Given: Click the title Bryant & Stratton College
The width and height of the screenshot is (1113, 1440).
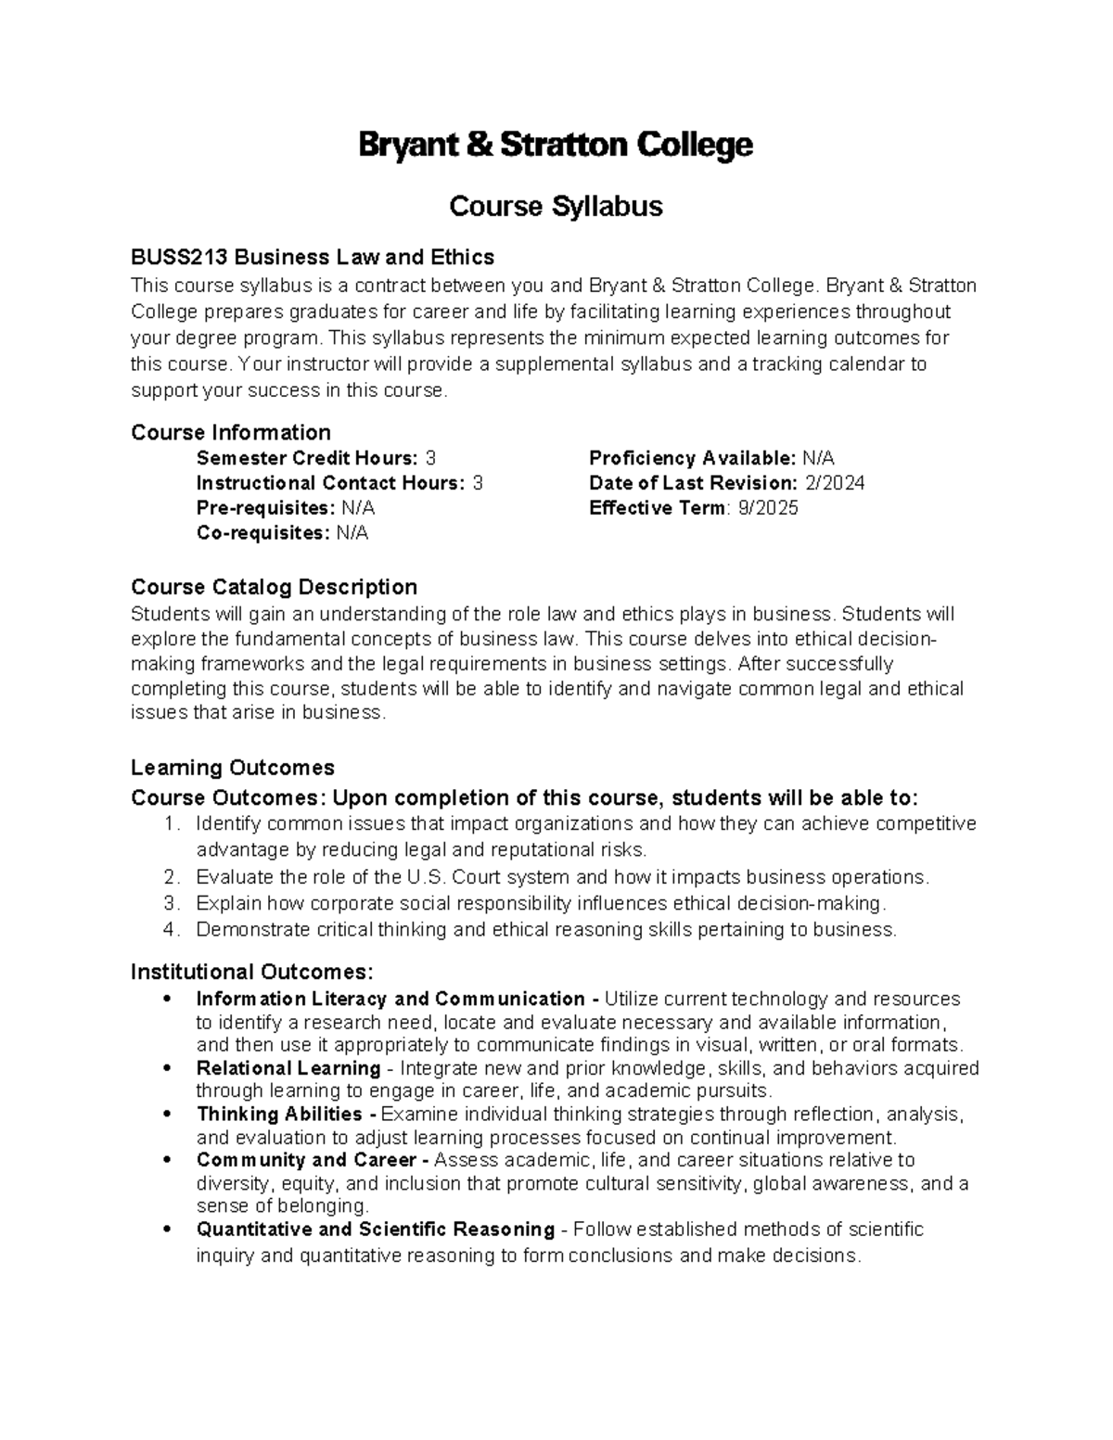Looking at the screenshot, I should pyautogui.click(x=556, y=146).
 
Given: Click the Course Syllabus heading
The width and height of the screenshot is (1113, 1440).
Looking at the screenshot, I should pyautogui.click(x=556, y=206).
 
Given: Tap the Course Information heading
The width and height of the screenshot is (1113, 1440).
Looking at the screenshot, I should pyautogui.click(x=231, y=432).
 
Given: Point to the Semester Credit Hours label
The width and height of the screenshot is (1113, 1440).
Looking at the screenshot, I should pyautogui.click(x=307, y=458).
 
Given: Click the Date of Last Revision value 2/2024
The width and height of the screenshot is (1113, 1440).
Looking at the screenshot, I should pyautogui.click(x=833, y=483).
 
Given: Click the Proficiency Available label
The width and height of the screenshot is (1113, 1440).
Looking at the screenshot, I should pyautogui.click(x=692, y=458).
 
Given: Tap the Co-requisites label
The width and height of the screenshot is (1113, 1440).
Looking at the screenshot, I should pyautogui.click(x=262, y=533).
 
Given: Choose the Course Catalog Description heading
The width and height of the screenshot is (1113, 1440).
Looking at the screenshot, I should pyautogui.click(x=274, y=587).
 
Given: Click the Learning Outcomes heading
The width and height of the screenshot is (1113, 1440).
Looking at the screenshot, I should pyautogui.click(x=232, y=768).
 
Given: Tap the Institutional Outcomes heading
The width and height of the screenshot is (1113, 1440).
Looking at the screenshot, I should pyautogui.click(x=251, y=972).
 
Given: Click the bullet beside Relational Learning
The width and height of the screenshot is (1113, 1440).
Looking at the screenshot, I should pyautogui.click(x=166, y=1068).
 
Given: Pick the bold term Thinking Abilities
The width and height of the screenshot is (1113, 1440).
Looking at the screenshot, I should pyautogui.click(x=279, y=1114).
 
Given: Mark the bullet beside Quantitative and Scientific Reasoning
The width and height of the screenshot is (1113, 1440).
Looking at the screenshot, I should pyautogui.click(x=166, y=1230).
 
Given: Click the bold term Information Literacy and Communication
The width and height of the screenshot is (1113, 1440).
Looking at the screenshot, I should pyautogui.click(x=390, y=999).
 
